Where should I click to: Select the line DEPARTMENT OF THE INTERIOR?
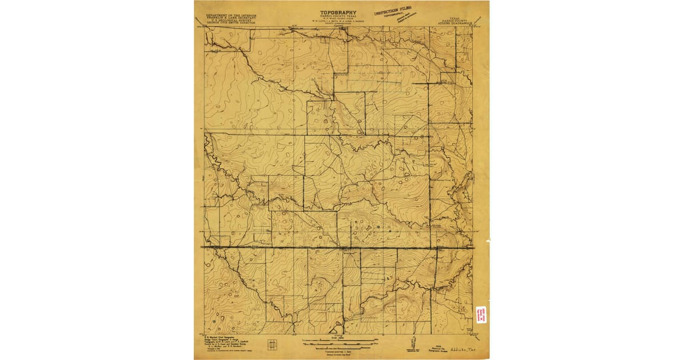point(232,7)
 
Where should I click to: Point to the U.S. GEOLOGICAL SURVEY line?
point(232,14)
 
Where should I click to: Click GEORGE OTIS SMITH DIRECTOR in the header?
point(232,18)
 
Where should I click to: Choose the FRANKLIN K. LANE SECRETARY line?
point(232,11)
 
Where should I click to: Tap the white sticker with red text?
point(481,314)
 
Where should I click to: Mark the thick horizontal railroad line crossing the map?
point(337,247)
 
